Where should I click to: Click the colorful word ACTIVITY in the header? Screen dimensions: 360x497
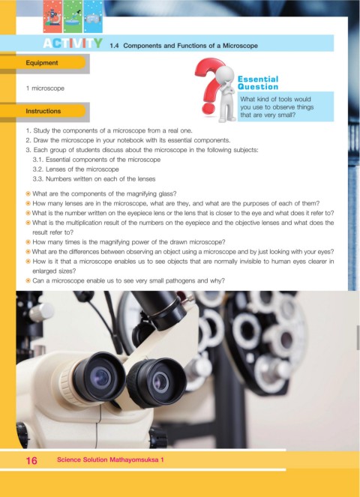[x=73, y=43]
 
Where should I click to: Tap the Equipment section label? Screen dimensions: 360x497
[x=42, y=63]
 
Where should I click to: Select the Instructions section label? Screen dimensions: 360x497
[x=43, y=111]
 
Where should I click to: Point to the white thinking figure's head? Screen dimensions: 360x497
[x=224, y=74]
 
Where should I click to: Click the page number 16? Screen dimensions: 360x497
[x=31, y=460]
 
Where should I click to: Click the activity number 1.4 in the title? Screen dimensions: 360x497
[x=114, y=46]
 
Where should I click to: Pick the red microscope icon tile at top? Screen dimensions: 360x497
[x=52, y=16]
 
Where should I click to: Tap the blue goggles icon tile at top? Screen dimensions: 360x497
[x=93, y=16]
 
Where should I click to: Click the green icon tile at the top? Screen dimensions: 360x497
[x=73, y=16]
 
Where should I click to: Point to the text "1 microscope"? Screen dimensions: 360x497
[x=45, y=88]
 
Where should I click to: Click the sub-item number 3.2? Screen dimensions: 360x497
[x=37, y=169]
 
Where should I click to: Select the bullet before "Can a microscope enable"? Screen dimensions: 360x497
[x=28, y=280]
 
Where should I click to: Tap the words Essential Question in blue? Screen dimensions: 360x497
[x=258, y=82]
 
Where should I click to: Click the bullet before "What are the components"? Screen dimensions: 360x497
[x=28, y=193]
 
